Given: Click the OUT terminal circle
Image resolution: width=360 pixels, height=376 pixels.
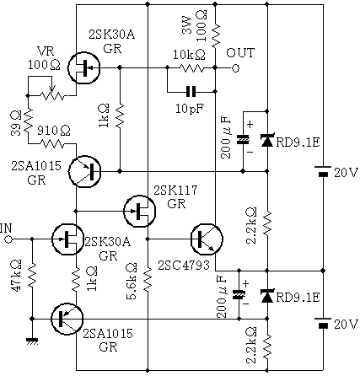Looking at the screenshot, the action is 235,68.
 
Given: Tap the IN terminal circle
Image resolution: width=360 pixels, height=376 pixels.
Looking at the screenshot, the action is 8,239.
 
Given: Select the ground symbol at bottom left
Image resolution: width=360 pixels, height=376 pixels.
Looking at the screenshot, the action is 32,341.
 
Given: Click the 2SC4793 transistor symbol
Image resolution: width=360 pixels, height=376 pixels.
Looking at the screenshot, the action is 207,239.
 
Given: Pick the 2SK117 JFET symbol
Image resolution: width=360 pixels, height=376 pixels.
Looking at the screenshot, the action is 139,211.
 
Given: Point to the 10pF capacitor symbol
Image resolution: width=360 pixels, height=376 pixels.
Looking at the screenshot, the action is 191,92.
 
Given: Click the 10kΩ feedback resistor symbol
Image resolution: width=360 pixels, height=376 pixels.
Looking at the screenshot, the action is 191,68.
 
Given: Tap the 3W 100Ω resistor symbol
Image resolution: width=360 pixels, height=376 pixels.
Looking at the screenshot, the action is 215,35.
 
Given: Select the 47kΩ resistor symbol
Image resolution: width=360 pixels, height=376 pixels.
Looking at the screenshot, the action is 32,276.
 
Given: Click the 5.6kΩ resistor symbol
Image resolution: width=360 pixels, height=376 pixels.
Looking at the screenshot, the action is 148,279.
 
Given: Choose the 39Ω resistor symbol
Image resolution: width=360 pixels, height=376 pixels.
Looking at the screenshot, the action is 28,121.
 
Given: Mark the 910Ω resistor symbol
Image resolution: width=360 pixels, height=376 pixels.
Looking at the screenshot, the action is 52,144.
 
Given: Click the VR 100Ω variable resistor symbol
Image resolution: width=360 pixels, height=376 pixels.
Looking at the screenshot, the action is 52,93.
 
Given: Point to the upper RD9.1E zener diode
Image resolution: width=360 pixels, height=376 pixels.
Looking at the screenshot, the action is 266,141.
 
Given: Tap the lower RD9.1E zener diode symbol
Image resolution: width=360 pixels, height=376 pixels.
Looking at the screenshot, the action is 266,296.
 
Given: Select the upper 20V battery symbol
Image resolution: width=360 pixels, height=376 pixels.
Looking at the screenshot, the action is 323,171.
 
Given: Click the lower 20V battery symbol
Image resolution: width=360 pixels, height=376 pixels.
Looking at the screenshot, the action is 323,322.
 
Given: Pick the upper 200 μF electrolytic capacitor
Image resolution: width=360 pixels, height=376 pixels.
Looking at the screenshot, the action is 243,140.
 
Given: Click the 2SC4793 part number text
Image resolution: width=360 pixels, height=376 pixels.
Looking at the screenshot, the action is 184,265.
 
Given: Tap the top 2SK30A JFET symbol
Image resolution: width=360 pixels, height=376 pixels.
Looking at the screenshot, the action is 83,67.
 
